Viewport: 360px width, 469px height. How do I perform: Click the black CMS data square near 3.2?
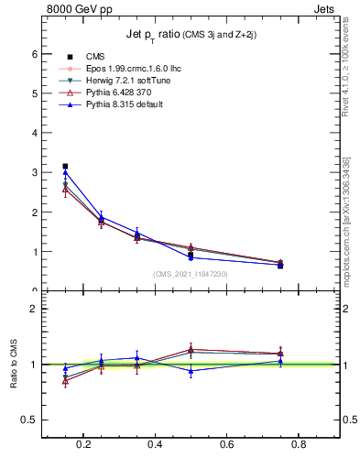pyautogui.click(x=65, y=167)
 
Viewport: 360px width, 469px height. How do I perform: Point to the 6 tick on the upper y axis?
pyautogui.click(x=33, y=53)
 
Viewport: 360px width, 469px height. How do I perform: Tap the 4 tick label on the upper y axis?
pyautogui.click(x=33, y=133)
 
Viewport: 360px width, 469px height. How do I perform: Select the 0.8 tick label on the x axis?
pyautogui.click(x=298, y=446)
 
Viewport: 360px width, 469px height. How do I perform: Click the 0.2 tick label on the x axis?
pyautogui.click(x=84, y=446)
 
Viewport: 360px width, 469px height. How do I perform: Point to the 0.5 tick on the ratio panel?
pyautogui.click(x=28, y=420)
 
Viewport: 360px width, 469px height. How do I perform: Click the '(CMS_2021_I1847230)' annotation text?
pyautogui.click(x=190, y=274)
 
